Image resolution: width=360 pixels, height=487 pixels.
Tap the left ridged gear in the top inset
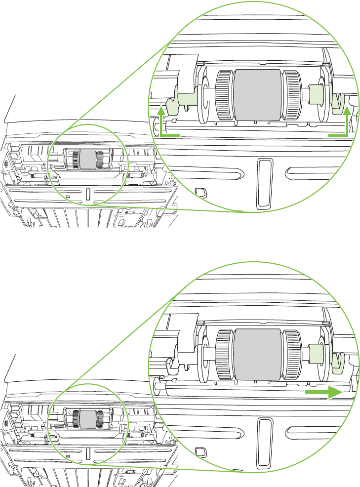[x=225, y=94]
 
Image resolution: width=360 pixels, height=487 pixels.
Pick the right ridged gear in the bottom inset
[x=291, y=354]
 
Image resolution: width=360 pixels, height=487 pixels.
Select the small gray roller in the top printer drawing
[x=88, y=159]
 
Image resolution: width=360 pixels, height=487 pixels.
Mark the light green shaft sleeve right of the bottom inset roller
[x=316, y=354]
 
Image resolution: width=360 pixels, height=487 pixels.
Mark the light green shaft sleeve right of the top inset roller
[x=316, y=94]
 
